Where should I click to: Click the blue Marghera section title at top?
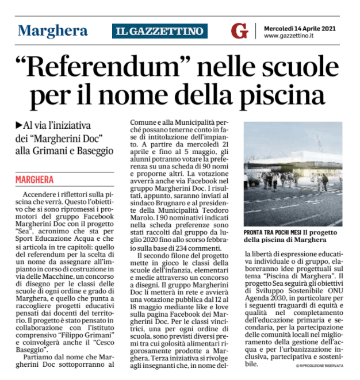[x=53, y=30]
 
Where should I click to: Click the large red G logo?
[x=239, y=30]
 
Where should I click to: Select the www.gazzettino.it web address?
[x=289, y=36]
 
